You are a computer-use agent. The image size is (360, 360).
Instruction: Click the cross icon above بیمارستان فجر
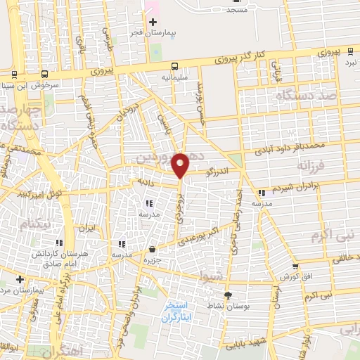(x=153, y=22)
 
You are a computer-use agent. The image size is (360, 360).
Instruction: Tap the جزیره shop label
(x=153, y=258)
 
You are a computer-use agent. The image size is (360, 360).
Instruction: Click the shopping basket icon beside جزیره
(x=153, y=248)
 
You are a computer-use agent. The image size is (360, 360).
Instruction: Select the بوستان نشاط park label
(x=226, y=305)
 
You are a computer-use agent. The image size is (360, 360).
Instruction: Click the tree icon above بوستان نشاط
(x=226, y=295)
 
